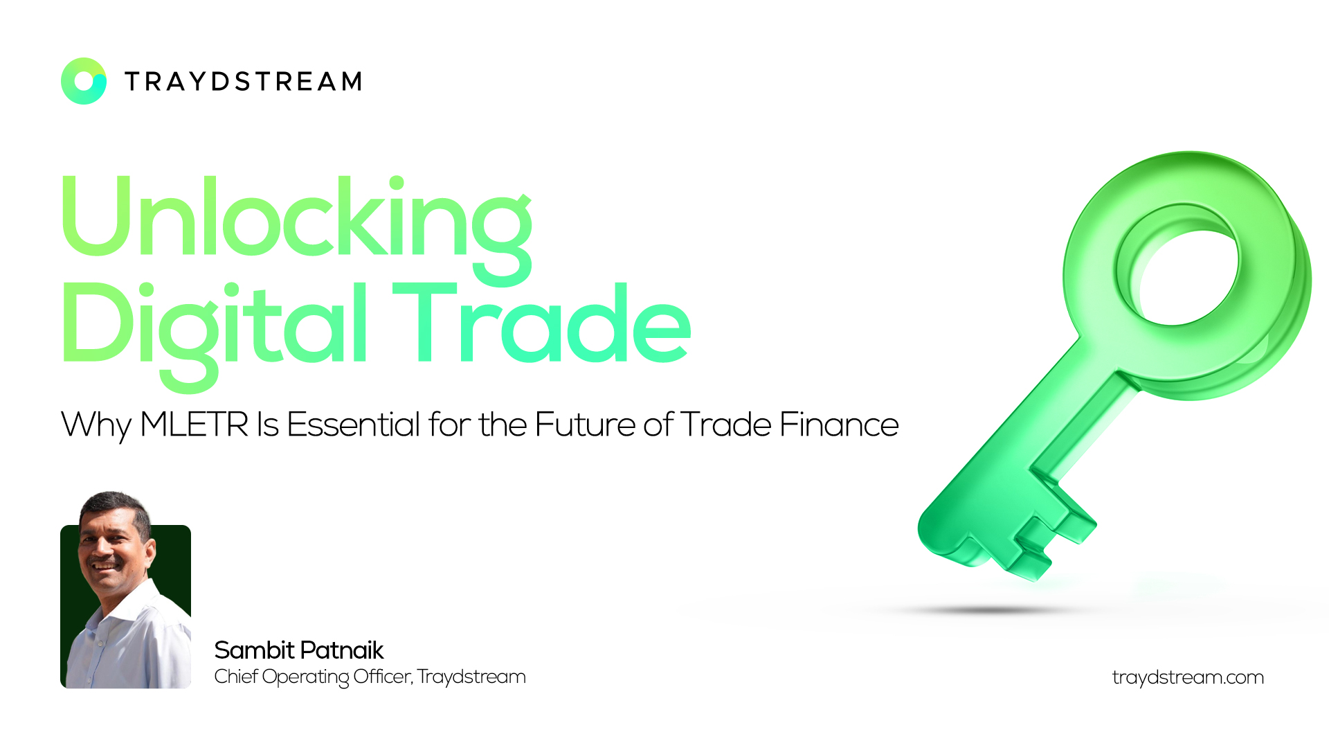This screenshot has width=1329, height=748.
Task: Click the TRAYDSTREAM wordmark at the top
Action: (x=243, y=82)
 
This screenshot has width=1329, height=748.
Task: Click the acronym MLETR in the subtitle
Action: (x=194, y=425)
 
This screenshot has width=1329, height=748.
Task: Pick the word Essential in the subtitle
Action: (x=353, y=424)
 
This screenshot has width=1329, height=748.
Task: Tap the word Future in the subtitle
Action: (x=585, y=424)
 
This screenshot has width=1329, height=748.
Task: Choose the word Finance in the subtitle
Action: (x=839, y=424)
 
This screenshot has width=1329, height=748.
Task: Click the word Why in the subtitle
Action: (x=96, y=426)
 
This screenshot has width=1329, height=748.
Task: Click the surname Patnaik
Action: (x=342, y=650)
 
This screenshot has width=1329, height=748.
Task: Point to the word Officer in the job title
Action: (x=383, y=677)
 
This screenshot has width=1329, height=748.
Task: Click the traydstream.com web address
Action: (x=1188, y=677)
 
